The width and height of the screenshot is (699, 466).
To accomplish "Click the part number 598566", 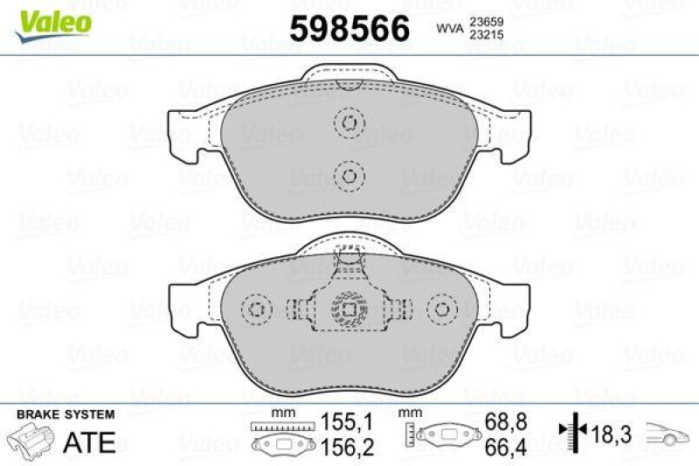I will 349,29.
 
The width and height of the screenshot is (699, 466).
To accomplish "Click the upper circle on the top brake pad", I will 349,123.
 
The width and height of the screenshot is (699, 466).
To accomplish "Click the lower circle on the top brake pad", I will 349,176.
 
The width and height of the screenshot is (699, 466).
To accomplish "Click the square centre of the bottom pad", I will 349,310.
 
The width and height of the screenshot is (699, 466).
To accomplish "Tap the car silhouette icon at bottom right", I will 667,432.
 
